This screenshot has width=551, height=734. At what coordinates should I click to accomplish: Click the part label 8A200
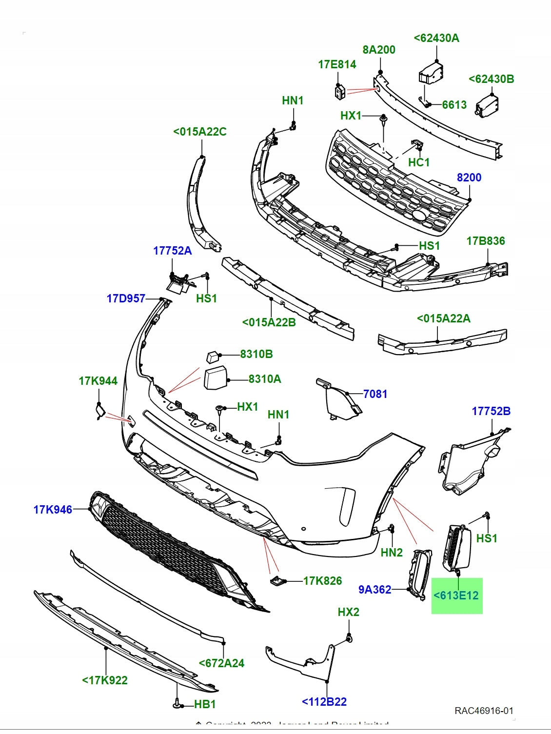(379, 50)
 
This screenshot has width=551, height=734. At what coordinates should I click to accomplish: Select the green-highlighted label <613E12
(456, 595)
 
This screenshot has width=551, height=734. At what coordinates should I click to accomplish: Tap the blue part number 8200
(469, 178)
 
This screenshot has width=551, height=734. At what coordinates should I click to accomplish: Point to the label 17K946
(53, 510)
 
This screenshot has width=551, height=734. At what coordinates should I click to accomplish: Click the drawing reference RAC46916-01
(484, 711)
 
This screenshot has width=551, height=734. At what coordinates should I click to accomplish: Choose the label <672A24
(221, 663)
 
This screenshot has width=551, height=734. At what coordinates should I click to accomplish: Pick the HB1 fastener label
(205, 704)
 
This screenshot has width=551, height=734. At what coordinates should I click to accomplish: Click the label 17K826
(322, 581)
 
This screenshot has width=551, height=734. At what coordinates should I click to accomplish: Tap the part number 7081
(375, 394)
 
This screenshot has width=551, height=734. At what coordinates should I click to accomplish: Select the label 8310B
(256, 354)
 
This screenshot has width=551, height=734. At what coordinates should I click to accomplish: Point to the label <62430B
(491, 79)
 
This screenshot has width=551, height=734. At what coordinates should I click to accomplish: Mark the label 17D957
(126, 298)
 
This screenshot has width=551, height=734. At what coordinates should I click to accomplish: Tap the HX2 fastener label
(348, 612)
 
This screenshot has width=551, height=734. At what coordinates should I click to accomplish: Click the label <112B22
(324, 702)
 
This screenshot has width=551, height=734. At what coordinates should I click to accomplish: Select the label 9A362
(375, 590)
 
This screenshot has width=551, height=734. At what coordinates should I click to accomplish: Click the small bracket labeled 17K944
(99, 412)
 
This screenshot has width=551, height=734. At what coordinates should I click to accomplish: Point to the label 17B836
(486, 241)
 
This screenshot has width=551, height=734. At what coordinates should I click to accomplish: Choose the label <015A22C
(200, 132)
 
